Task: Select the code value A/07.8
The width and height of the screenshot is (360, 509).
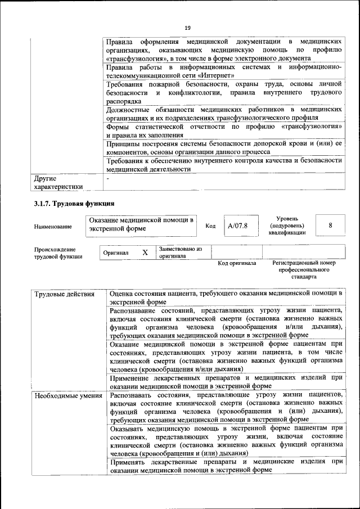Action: pyautogui.click(x=237, y=226)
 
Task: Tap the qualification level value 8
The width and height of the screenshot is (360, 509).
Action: pyautogui.click(x=330, y=225)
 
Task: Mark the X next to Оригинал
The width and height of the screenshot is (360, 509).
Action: pyautogui.click(x=145, y=253)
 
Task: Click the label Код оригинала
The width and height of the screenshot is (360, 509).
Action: pyautogui.click(x=237, y=263)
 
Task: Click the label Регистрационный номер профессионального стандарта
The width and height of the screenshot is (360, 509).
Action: pyautogui.click(x=303, y=270)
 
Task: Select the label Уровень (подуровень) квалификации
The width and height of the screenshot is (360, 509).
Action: pyautogui.click(x=287, y=225)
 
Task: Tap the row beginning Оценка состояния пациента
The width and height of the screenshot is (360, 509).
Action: pyautogui.click(x=226, y=297)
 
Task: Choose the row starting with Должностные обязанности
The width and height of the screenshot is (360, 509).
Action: pyautogui.click(x=224, y=113)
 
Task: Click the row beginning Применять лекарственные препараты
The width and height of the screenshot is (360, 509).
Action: pyautogui.click(x=226, y=466)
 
